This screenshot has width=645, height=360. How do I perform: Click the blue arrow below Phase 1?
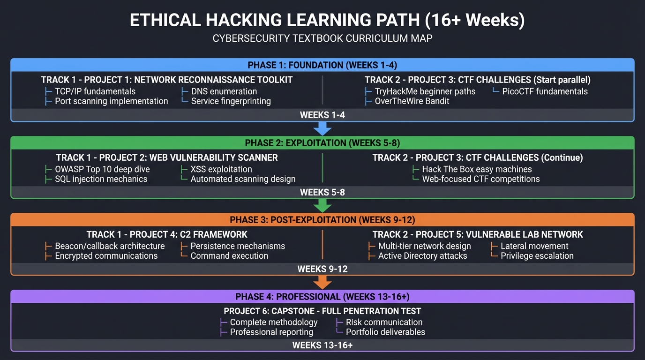pyautogui.click(x=322, y=129)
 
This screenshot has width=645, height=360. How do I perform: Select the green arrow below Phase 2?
pyautogui.click(x=322, y=206)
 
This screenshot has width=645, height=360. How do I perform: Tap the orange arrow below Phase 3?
pyautogui.click(x=322, y=282)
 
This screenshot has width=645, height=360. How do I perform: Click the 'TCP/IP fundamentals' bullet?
pyautogui.click(x=95, y=91)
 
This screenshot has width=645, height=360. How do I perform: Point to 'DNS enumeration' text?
pyautogui.click(x=224, y=91)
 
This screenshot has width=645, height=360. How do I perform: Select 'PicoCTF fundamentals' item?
pyautogui.click(x=545, y=91)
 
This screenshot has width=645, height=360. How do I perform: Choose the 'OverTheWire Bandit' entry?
pyautogui.click(x=412, y=101)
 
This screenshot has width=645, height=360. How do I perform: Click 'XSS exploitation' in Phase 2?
pyautogui.click(x=221, y=169)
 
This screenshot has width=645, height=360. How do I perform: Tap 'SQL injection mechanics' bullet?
pyautogui.click(x=101, y=179)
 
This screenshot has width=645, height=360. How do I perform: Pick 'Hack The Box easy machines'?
pyautogui.click(x=477, y=169)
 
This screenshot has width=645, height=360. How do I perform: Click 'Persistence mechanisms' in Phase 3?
pyautogui.click(x=238, y=246)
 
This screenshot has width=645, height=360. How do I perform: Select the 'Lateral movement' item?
pyautogui.click(x=534, y=246)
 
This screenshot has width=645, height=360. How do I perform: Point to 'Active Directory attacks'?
pyautogui.click(x=423, y=256)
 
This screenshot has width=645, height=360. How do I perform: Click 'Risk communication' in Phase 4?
pyautogui.click(x=384, y=322)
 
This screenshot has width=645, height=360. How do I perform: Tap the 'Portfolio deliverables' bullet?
pyautogui.click(x=385, y=332)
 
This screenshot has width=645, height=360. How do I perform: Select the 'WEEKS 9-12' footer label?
pyautogui.click(x=322, y=269)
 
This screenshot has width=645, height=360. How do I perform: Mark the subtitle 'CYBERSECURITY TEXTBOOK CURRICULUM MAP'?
pyautogui.click(x=322, y=38)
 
